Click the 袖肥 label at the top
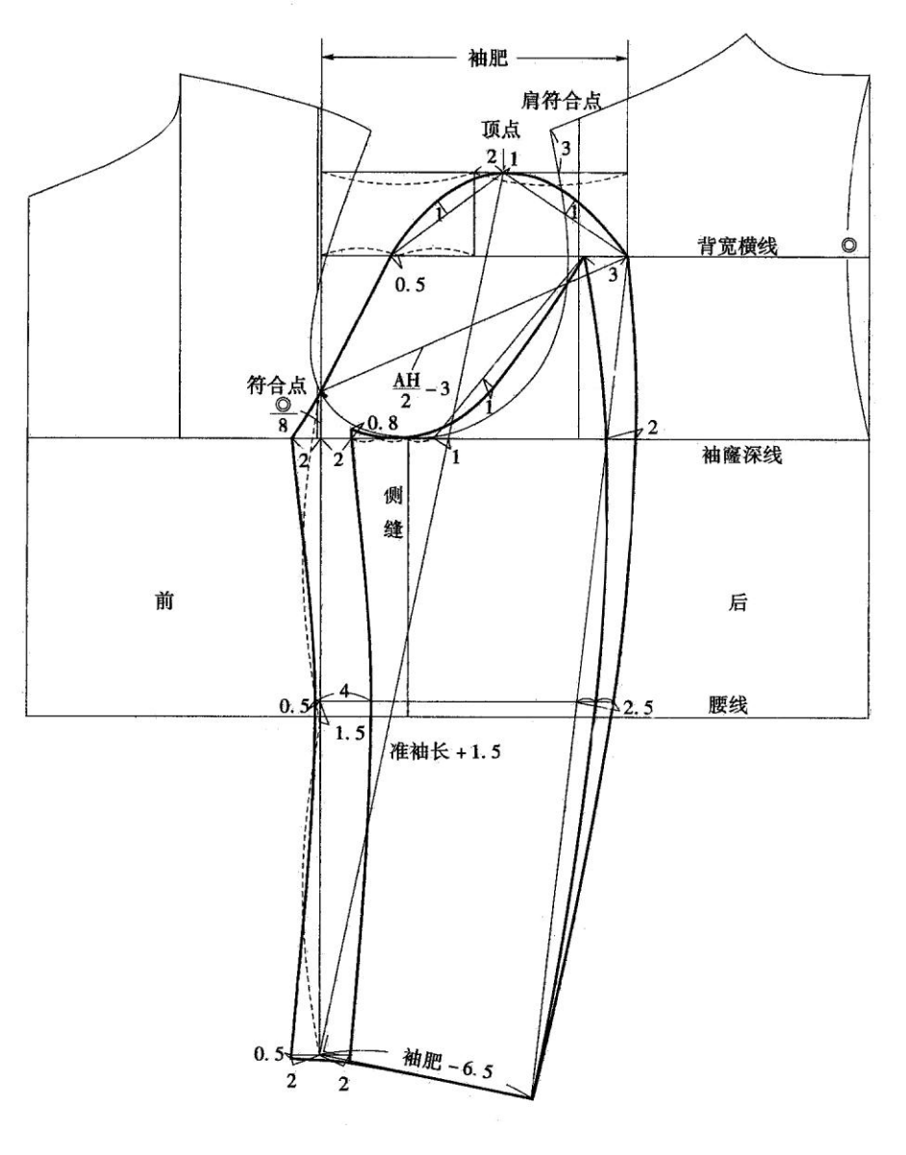pos(488,58)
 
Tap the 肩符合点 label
pos(561,100)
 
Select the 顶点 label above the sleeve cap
pos(501,129)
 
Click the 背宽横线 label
pos(738,246)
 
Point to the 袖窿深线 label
pos(742,455)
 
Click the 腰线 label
pos(727,704)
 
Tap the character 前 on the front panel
pos(164,602)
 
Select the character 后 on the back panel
pos(738,602)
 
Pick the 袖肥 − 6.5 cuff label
pos(448,1057)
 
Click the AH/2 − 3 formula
pos(421,389)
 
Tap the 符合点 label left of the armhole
pos(277,385)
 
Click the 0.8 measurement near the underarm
pos(383,423)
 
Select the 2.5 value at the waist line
pos(638,707)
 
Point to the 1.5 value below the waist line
pos(350,733)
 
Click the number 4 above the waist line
pos(344,692)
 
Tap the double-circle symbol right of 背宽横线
pos(849,246)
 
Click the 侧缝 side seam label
pos(393,513)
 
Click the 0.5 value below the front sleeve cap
pos(411,284)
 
